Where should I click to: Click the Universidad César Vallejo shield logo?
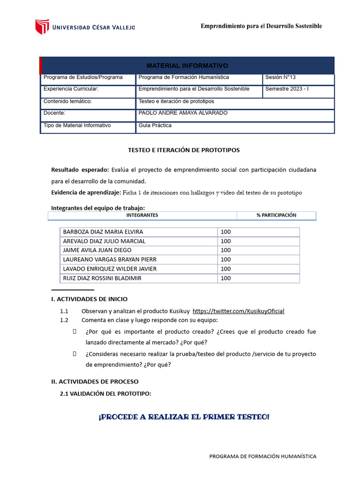(x=42, y=27)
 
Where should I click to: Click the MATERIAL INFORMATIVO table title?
(x=187, y=66)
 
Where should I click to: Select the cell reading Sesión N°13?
(x=280, y=77)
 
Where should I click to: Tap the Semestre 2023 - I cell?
(x=287, y=89)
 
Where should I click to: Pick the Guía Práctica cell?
(x=155, y=126)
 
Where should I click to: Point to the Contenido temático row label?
(x=67, y=101)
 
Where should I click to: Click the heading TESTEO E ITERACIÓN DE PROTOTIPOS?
(x=184, y=150)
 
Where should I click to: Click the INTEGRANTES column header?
(x=142, y=215)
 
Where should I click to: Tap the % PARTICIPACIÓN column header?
(x=276, y=215)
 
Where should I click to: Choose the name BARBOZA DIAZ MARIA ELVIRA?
(x=103, y=232)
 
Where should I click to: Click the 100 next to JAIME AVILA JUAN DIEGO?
(x=225, y=250)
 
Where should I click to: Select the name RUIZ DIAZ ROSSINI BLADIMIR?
(x=102, y=278)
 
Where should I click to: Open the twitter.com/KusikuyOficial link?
(x=238, y=311)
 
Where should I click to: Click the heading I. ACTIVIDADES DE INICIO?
(x=89, y=299)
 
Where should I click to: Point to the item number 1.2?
(x=64, y=321)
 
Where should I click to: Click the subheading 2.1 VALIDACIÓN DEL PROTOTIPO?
(x=105, y=394)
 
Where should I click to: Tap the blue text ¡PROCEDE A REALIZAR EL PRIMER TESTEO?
(x=184, y=417)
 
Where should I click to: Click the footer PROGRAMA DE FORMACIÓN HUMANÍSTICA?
(x=262, y=456)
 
